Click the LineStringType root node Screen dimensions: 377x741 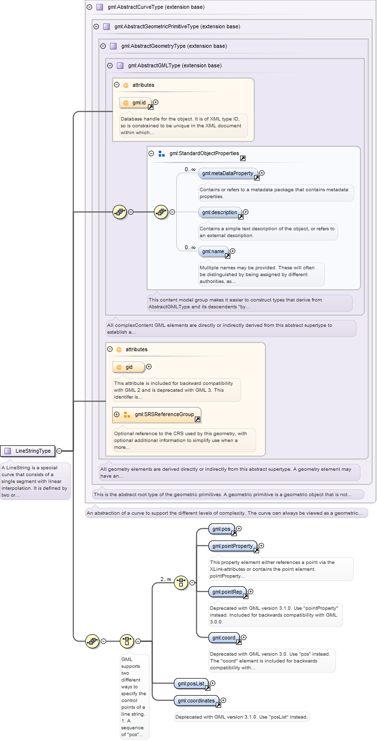(x=28, y=451)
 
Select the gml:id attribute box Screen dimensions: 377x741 (x=135, y=103)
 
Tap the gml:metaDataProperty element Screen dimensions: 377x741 (x=228, y=173)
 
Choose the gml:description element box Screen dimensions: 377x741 (x=220, y=212)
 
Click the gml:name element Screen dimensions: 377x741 (x=213, y=251)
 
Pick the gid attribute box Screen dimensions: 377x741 (x=129, y=367)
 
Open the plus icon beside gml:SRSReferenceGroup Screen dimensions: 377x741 (x=116, y=415)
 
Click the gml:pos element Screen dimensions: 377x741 (x=222, y=529)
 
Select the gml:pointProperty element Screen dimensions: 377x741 (x=233, y=546)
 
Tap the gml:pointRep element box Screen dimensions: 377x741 (x=227, y=592)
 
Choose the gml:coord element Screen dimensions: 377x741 (x=224, y=638)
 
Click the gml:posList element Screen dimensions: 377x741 (x=191, y=683)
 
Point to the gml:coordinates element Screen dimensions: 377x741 (x=197, y=701)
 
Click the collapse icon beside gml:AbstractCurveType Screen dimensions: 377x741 (x=89, y=7)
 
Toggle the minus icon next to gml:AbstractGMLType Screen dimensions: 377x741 (x=110, y=65)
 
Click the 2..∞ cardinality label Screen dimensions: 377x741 (x=166, y=579)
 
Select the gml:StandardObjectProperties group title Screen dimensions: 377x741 (x=204, y=154)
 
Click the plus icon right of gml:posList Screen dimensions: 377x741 (x=213, y=683)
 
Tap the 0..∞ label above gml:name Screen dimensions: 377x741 (x=190, y=247)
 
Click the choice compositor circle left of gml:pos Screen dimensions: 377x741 (x=181, y=582)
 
